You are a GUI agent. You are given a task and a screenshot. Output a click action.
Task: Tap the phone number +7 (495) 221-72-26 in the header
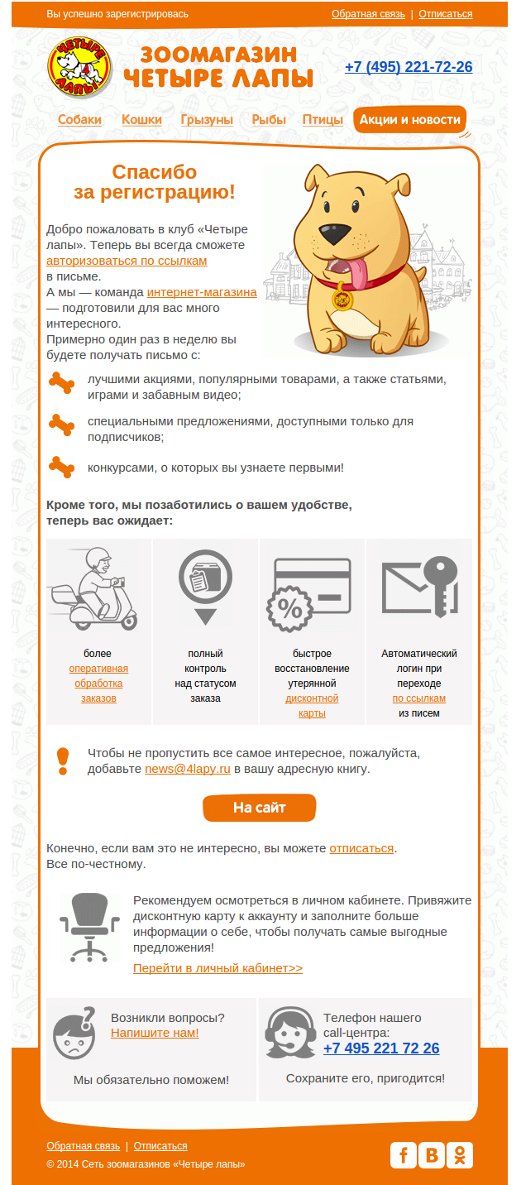click(x=409, y=67)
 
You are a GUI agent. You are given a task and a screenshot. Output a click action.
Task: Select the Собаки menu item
click(x=80, y=120)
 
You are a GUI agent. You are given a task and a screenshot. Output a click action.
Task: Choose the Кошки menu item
click(x=141, y=120)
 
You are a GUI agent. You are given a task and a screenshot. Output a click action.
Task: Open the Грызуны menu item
click(x=207, y=120)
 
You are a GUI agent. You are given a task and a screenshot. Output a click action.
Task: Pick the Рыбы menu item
click(x=269, y=120)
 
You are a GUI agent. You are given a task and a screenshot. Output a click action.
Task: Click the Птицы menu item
click(x=323, y=120)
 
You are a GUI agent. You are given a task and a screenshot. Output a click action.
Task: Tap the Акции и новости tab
click(x=409, y=120)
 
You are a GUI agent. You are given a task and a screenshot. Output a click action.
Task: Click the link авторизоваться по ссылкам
click(x=127, y=261)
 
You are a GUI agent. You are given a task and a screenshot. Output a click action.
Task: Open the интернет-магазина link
click(x=202, y=292)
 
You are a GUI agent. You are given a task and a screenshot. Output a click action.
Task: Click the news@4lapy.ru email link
click(x=188, y=769)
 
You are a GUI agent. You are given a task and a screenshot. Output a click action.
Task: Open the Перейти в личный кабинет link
click(x=217, y=968)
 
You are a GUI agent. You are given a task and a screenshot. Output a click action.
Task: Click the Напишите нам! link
click(x=155, y=1033)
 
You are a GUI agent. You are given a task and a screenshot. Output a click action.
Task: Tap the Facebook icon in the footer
click(x=403, y=1154)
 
